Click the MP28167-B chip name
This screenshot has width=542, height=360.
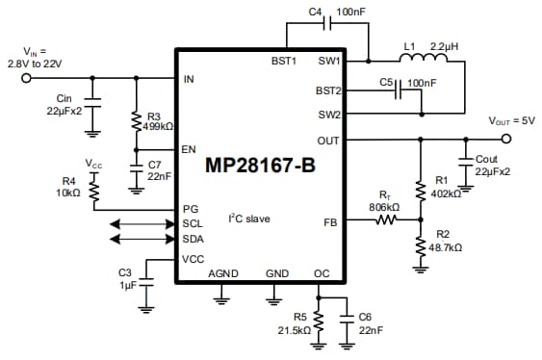pyautogui.click(x=259, y=165)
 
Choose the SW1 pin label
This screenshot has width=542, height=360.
pyautogui.click(x=328, y=61)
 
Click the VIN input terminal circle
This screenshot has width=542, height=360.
pyautogui.click(x=26, y=79)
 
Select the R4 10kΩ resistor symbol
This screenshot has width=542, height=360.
pyautogui.click(x=95, y=194)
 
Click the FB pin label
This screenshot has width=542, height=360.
pyautogui.click(x=330, y=220)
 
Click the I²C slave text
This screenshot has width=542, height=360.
pyautogui.click(x=248, y=219)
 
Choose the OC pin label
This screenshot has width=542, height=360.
pyautogui.click(x=322, y=274)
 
